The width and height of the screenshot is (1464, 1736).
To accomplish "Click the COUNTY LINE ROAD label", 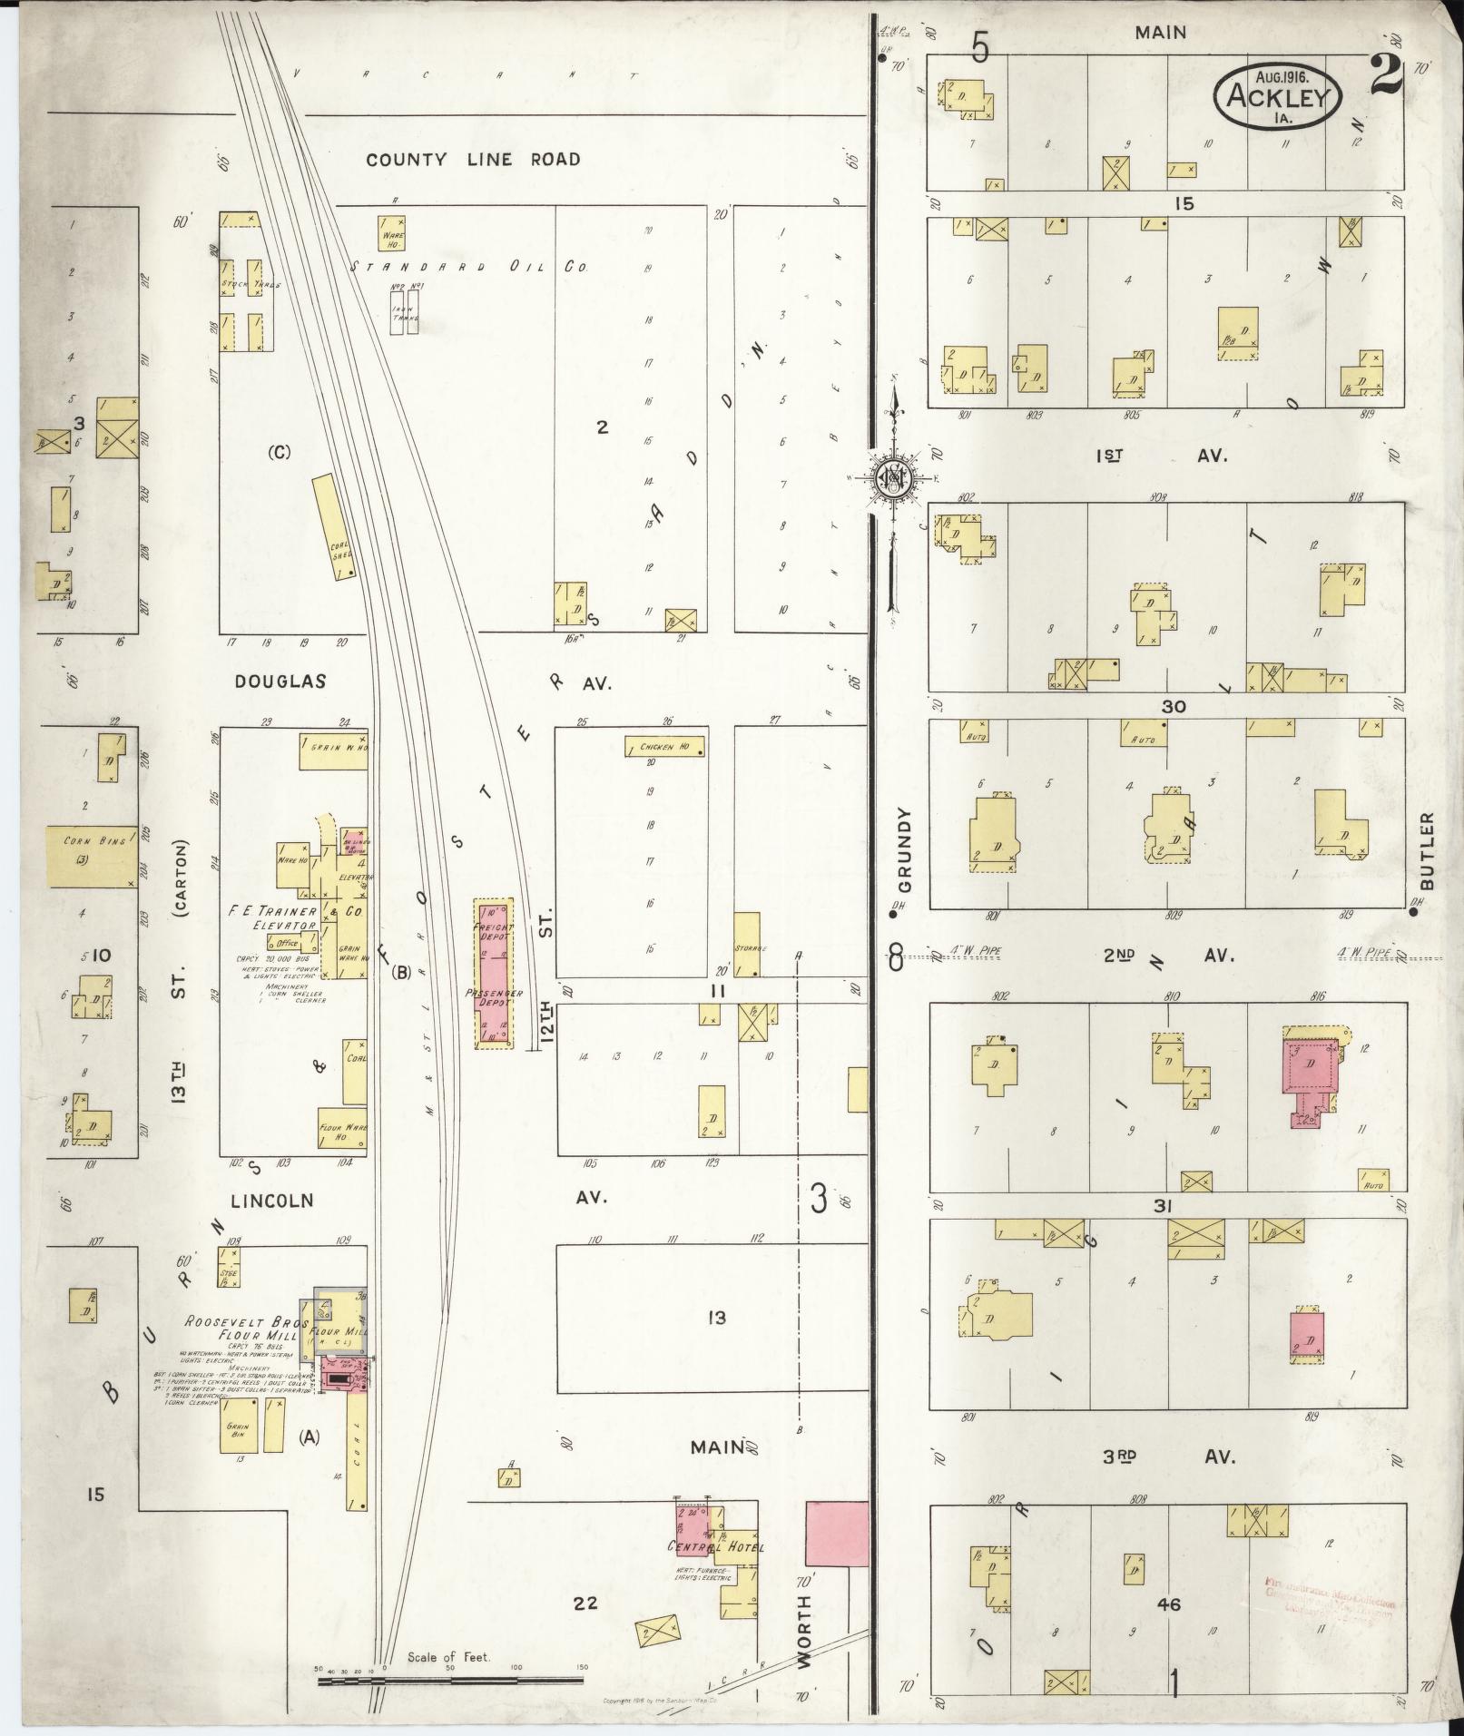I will coord(473,160).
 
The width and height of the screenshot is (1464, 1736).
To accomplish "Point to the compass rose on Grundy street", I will coord(891,477).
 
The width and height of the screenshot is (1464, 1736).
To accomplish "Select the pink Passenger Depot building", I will coord(494,974).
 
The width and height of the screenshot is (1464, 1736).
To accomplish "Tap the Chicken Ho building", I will coord(665,747).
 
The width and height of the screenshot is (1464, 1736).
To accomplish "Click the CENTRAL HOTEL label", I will coord(714,1546).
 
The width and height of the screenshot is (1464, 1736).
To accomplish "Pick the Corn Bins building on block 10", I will coord(91,856).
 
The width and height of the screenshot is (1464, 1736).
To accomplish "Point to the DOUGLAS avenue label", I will coord(280,681).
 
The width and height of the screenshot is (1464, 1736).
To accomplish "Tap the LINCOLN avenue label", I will coord(272,1201).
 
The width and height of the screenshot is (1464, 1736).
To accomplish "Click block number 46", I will coord(1168,1604).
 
